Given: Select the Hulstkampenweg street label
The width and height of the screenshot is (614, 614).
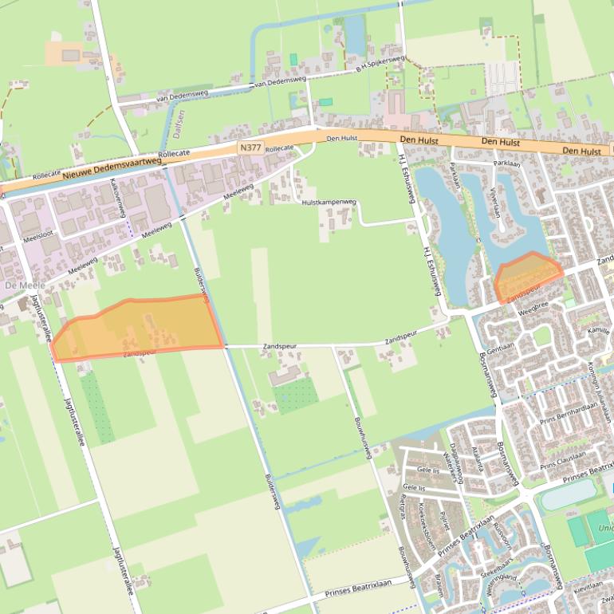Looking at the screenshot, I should [329, 203].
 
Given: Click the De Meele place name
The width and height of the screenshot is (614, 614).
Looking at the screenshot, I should [18, 285].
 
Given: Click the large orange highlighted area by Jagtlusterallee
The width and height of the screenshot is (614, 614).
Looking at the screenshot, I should [140, 327].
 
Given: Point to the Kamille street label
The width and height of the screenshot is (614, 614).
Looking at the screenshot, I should [598, 329].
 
